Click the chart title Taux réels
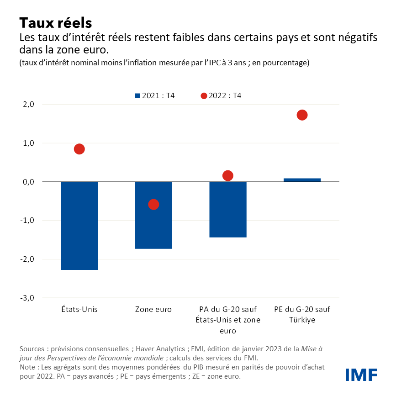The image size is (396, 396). pos(56,22)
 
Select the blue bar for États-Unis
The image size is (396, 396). pos(79,226)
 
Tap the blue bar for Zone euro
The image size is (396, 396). pos(153,215)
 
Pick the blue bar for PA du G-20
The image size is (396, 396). pos(228,210)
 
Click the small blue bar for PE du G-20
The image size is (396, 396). pos(302,180)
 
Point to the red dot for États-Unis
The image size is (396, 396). pos(79,149)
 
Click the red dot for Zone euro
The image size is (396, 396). pos(153,204)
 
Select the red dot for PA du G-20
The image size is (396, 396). pos(228,175)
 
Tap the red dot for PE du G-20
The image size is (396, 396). pos(302,115)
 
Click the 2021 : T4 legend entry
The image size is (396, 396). pos(155,96)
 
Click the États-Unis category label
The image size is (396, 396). pos(79,310)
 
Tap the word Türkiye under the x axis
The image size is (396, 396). pos(302,320)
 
